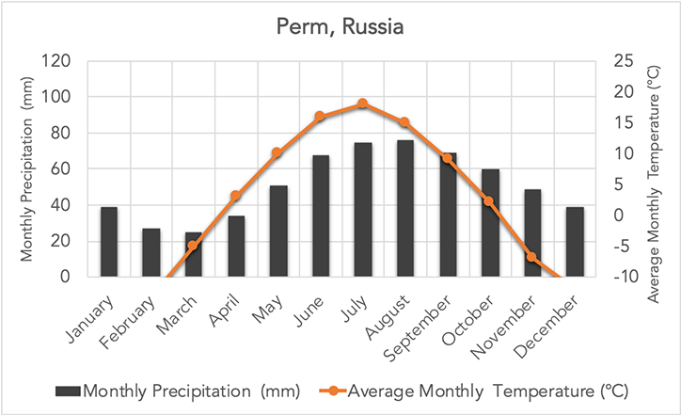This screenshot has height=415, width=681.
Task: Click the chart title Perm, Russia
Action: coord(340,27)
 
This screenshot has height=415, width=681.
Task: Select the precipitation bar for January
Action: coord(109,242)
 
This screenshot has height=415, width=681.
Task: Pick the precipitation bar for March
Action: coord(194,255)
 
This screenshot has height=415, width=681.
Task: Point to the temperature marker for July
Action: coord(362,104)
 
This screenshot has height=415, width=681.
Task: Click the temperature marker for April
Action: coord(236,196)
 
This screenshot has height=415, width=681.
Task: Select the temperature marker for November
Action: coord(531,257)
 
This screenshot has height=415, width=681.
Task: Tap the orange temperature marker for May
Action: coord(277,152)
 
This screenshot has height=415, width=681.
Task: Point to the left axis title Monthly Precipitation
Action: coord(26,168)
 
